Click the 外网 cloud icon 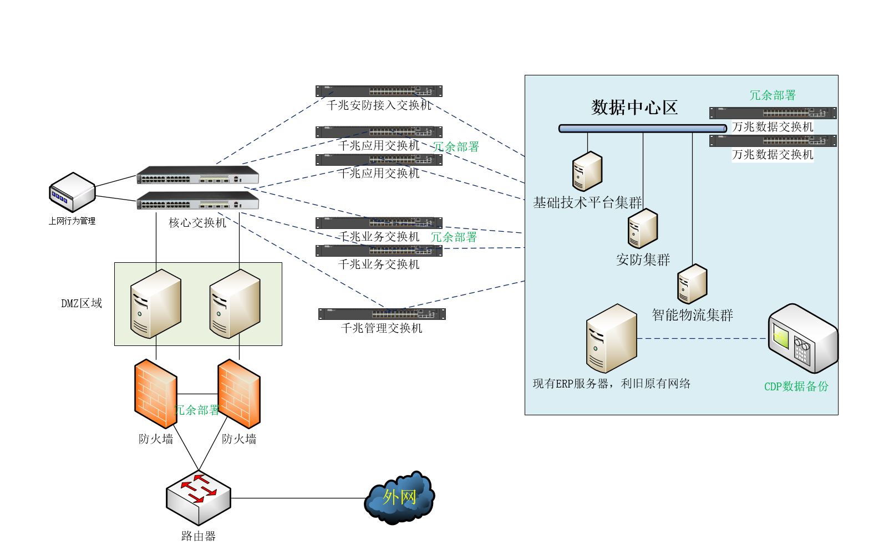[399, 497]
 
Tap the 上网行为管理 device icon [72, 192]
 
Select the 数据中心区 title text [634, 107]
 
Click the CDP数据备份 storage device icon [802, 338]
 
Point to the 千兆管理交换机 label [382, 328]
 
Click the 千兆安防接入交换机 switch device [379, 91]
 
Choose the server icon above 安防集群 [642, 228]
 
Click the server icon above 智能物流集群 [692, 283]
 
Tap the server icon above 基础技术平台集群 [587, 171]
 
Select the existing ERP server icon [611, 338]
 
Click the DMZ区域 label [82, 303]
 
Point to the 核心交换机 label [197, 223]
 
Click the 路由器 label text [198, 536]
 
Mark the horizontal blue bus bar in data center [642, 129]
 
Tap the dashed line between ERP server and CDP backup [702, 338]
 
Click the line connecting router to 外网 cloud [299, 498]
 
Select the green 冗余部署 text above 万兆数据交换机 [773, 95]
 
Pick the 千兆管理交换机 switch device [382, 314]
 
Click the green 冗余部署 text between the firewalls [197, 410]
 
